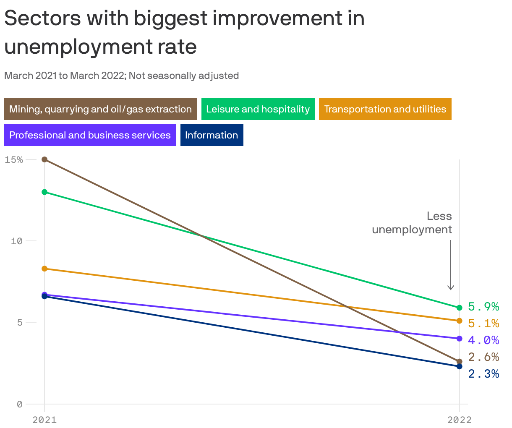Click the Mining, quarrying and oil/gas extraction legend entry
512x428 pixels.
click(x=100, y=109)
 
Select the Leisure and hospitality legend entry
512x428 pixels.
click(x=258, y=109)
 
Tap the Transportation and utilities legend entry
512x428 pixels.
click(x=385, y=109)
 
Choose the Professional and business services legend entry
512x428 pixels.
click(x=90, y=135)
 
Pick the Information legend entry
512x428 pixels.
click(x=212, y=135)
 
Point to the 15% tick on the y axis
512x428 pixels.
click(x=14, y=159)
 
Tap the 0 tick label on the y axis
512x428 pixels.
click(x=19, y=404)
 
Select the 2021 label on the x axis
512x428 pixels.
click(x=44, y=420)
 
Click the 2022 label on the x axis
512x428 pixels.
click(x=460, y=420)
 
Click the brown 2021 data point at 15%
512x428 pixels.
click(x=44, y=159)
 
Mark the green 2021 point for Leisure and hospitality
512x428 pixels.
click(x=44, y=192)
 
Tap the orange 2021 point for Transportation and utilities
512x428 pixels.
click(x=44, y=269)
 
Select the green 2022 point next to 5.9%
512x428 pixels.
click(x=460, y=308)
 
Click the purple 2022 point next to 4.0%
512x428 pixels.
click(x=460, y=339)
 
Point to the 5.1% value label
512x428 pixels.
click(x=483, y=323)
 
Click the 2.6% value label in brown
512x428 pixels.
click(x=483, y=357)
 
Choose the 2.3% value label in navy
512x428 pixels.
click(x=483, y=373)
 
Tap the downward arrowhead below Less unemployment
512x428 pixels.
click(x=451, y=287)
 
